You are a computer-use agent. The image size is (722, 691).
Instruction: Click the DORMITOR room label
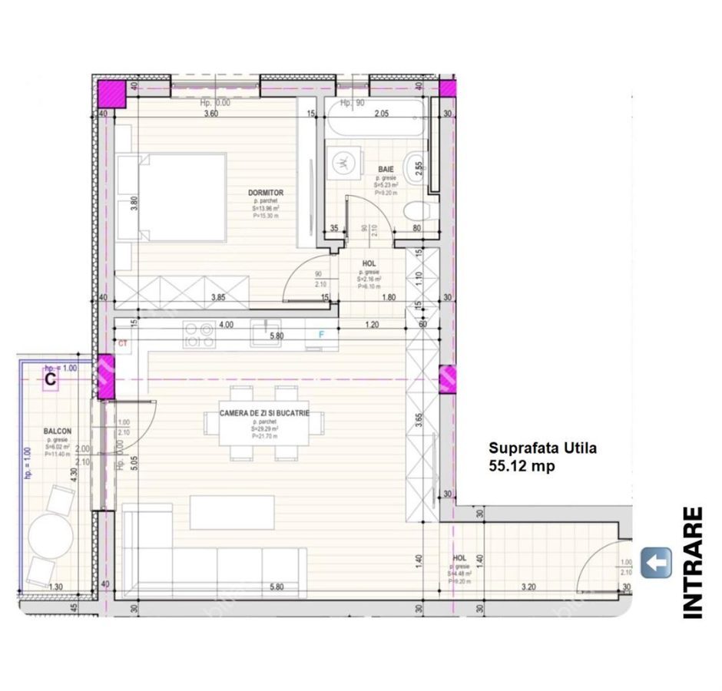coord(266,193)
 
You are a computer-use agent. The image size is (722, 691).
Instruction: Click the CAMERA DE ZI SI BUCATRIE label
coord(264,413)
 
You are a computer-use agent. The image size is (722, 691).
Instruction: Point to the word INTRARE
coord(693,562)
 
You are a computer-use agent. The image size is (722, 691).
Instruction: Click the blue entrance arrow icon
coord(656,563)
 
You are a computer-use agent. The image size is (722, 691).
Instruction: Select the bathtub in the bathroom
coord(375,123)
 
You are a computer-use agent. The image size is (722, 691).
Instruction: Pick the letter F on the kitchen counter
coord(322,334)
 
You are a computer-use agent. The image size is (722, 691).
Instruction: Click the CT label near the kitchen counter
coord(122,342)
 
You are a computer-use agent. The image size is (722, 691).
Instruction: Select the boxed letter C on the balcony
coord(51,379)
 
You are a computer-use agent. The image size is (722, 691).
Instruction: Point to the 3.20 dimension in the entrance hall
coord(528,588)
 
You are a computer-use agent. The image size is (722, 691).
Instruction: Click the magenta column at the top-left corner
coord(111,93)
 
